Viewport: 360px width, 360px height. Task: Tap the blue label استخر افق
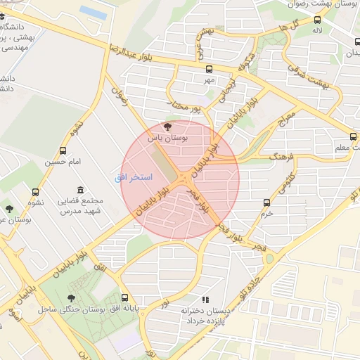[x=133, y=177]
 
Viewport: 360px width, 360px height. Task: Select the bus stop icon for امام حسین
[x=63, y=150]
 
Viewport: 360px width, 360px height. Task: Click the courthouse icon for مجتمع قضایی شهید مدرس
[x=79, y=191]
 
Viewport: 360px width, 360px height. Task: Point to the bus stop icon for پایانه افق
[x=125, y=297]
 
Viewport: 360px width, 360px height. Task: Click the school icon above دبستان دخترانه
[x=205, y=300]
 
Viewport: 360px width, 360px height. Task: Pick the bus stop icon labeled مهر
[x=208, y=69]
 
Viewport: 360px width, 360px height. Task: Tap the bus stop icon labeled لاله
[x=318, y=20]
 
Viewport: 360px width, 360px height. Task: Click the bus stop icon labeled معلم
[x=353, y=136]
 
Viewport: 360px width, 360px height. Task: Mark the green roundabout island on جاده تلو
[x=269, y=258]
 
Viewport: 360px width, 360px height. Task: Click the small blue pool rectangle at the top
[x=93, y=12]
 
